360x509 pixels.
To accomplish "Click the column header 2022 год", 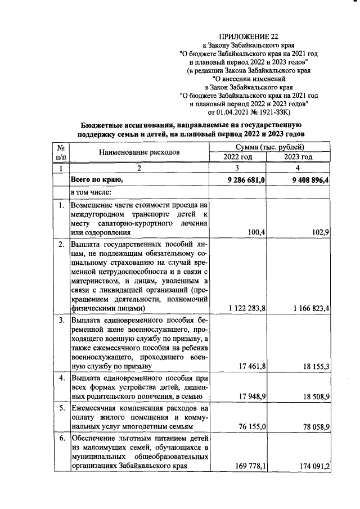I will pyautogui.click(x=237, y=157).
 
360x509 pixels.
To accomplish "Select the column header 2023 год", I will pyautogui.click(x=298, y=157).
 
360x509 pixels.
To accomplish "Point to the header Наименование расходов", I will pyautogui.click(x=139, y=152).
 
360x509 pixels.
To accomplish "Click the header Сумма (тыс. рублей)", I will pyautogui.click(x=267, y=147).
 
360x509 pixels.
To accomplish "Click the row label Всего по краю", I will pyautogui.click(x=96, y=179).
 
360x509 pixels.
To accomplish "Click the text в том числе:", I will pyautogui.click(x=91, y=192).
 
